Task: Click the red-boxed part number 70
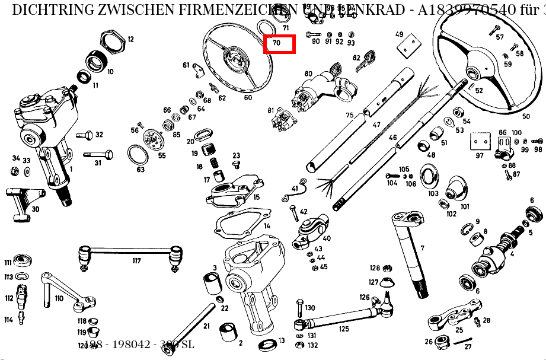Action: click(279, 44)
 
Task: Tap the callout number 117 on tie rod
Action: click(136, 261)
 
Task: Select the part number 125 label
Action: click(344, 329)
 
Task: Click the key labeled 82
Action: click(366, 61)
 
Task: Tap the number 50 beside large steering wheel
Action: click(525, 116)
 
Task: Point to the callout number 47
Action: click(376, 125)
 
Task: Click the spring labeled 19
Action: click(209, 152)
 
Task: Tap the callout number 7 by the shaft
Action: click(422, 247)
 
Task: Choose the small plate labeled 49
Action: click(405, 48)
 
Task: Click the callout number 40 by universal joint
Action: click(327, 238)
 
